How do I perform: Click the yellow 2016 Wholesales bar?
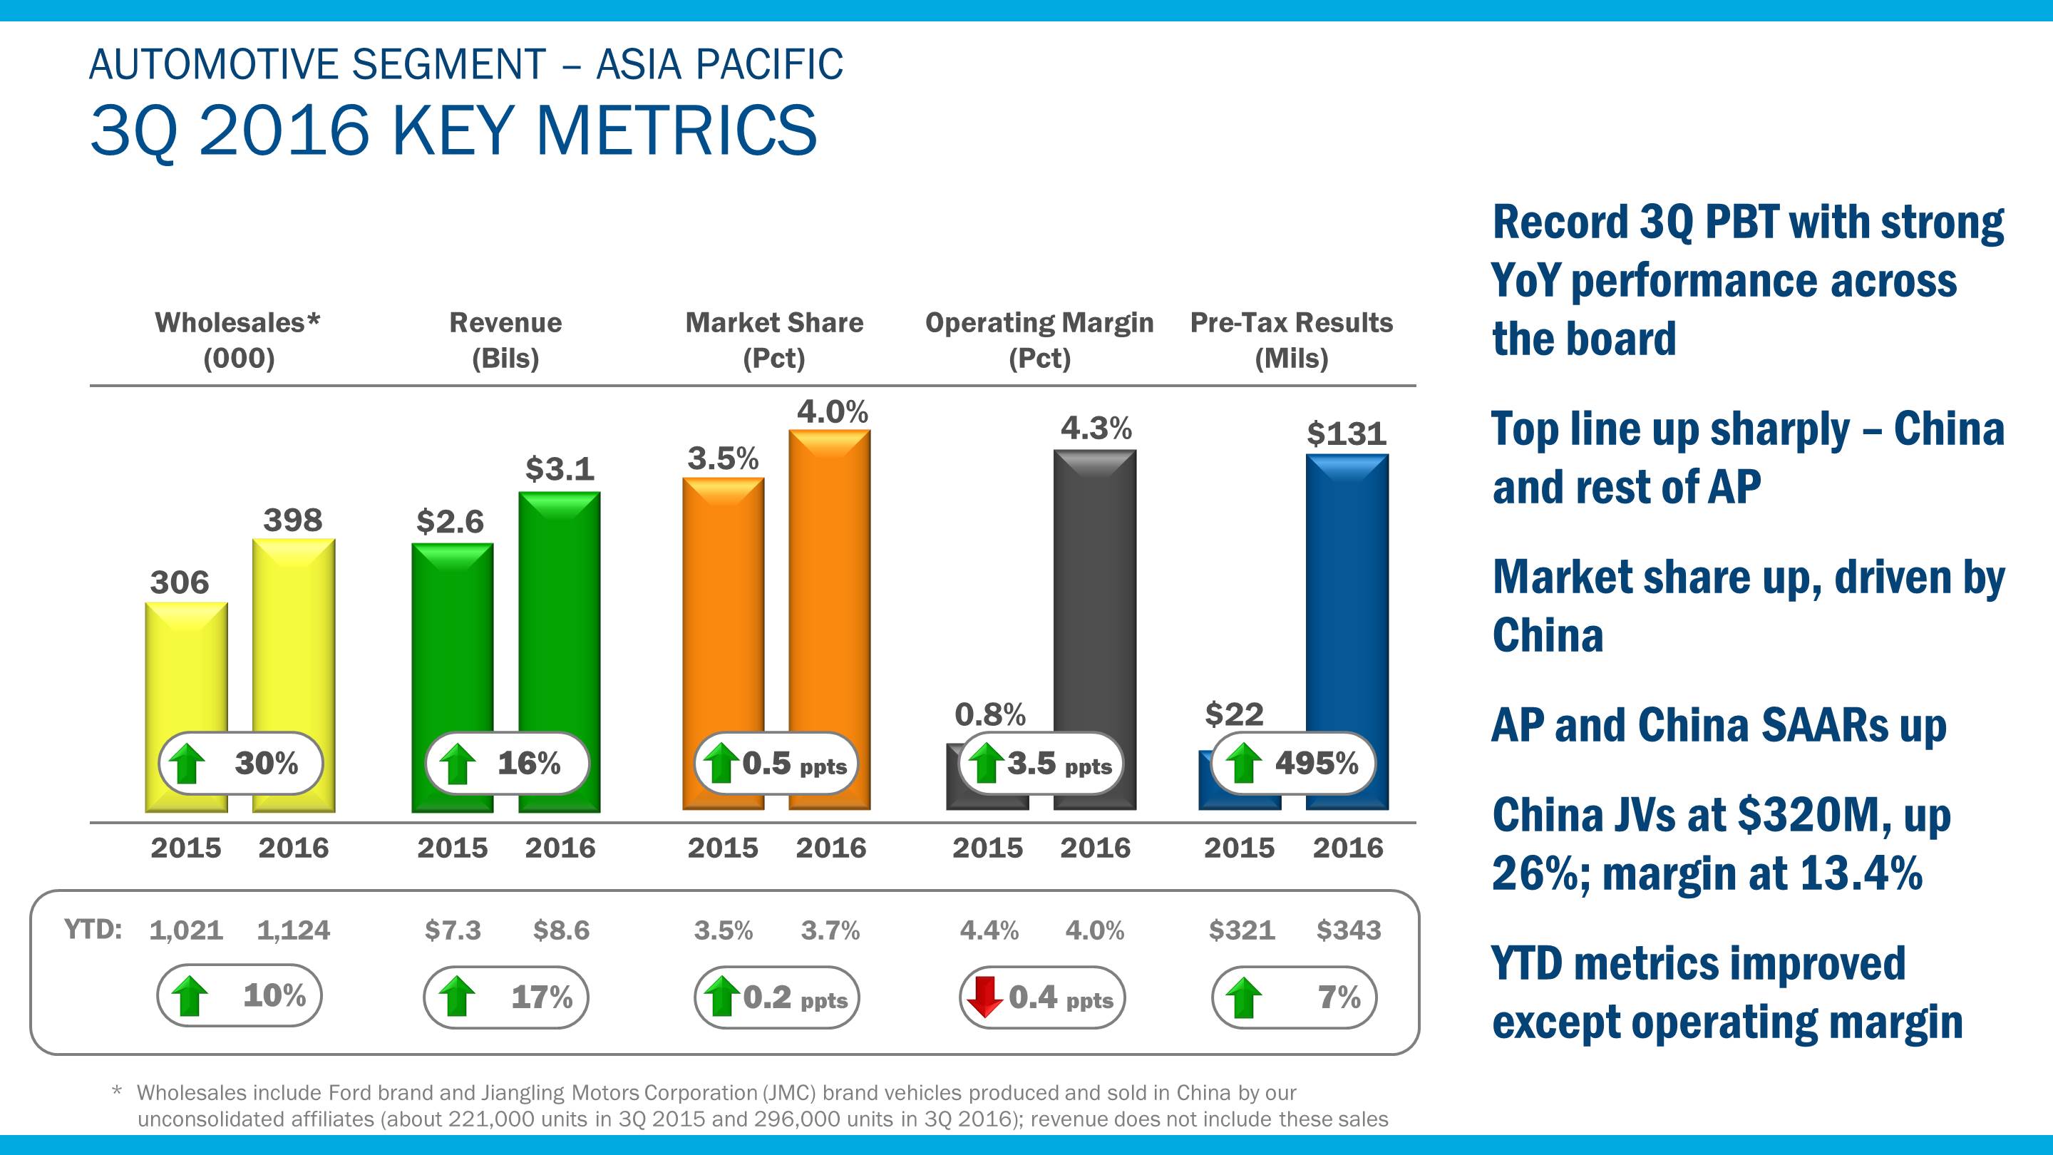[293, 637]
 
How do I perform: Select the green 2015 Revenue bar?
[452, 637]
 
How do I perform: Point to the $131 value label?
[1346, 433]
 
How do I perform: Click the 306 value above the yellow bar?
[180, 582]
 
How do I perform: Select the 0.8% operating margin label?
[990, 715]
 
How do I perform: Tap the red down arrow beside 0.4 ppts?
[985, 997]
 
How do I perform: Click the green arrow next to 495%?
[1242, 764]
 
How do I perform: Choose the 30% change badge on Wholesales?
[241, 764]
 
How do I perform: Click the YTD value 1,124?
[293, 930]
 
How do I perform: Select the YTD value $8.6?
[561, 930]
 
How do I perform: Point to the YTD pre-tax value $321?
[1241, 930]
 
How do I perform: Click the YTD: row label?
[93, 930]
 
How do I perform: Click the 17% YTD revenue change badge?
[505, 997]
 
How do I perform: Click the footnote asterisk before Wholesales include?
[118, 1092]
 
